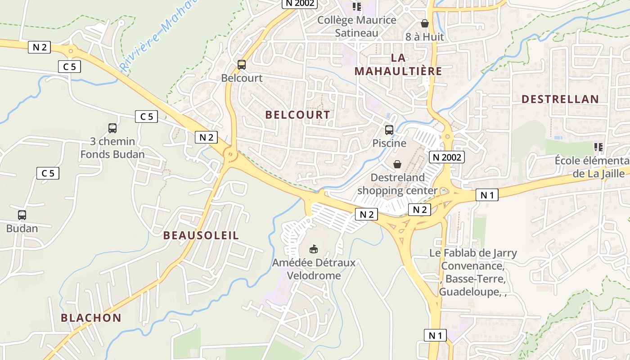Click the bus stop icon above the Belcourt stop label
tap(242, 65)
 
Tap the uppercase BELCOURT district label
tap(297, 115)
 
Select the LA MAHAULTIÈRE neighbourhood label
tap(398, 64)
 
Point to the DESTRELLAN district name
tap(560, 99)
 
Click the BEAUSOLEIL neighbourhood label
tap(201, 235)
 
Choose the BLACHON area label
tap(91, 318)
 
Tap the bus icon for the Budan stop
tap(22, 215)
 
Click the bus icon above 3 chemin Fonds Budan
tap(112, 128)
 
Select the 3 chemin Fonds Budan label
tap(112, 148)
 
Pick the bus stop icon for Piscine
tap(389, 130)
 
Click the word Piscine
tap(389, 143)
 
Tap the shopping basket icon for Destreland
tap(397, 164)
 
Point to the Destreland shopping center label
tap(397, 184)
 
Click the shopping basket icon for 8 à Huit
tap(424, 23)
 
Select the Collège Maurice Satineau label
tap(357, 27)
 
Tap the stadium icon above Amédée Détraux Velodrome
tap(314, 249)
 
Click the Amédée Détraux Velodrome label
tap(314, 269)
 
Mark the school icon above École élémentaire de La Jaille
tap(598, 147)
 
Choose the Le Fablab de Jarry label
tap(473, 253)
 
